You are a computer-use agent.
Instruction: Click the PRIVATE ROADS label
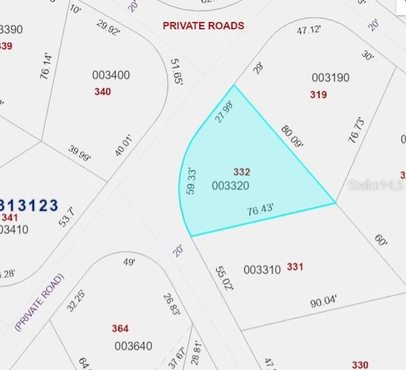(x=203, y=26)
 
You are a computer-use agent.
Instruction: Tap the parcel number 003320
(x=230, y=185)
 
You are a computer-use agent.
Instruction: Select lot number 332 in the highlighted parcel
(x=242, y=172)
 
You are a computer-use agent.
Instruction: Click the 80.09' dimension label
(x=292, y=137)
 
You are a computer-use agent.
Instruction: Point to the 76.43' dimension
(x=260, y=210)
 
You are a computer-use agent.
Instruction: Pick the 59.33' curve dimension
(x=191, y=181)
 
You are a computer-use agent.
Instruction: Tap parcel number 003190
(x=331, y=78)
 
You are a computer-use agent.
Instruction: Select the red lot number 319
(x=318, y=94)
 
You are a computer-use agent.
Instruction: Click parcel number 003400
(x=111, y=76)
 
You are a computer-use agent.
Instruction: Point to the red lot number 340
(x=103, y=92)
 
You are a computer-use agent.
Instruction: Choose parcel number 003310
(x=262, y=269)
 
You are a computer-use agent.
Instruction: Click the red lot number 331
(x=295, y=267)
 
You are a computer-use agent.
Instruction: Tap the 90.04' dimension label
(x=324, y=301)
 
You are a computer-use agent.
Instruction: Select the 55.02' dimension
(x=223, y=277)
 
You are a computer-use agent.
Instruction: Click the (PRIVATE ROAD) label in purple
(x=39, y=302)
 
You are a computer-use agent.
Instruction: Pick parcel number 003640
(x=133, y=346)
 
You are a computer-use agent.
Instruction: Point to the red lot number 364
(x=120, y=329)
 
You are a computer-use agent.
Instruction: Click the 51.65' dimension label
(x=177, y=72)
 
